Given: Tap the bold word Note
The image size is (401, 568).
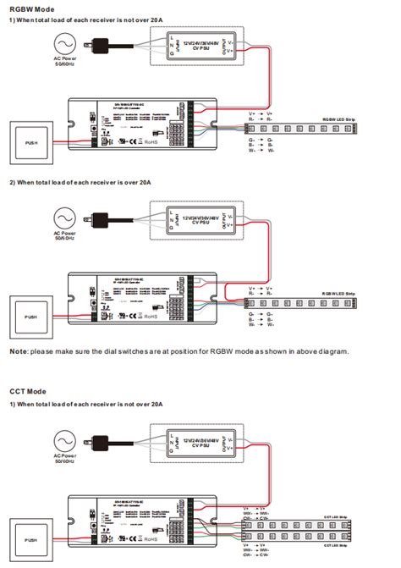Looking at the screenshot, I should click(x=19, y=350).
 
